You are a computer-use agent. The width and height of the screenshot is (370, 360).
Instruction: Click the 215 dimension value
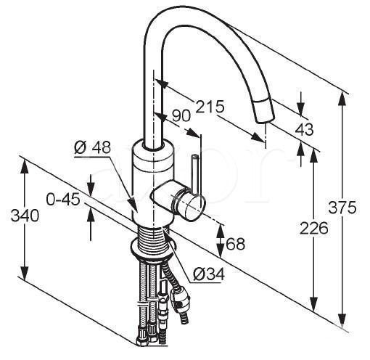tap(210, 107)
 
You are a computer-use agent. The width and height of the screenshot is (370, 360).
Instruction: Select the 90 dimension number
tap(181, 116)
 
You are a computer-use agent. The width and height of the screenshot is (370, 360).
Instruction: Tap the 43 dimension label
tap(304, 129)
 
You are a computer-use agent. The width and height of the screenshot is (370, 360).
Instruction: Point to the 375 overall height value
tap(342, 208)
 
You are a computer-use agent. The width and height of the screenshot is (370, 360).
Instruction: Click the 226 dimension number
tap(314, 229)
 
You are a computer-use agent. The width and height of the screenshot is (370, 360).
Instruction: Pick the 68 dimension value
tap(235, 244)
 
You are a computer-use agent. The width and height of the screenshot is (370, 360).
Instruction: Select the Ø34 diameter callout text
tap(209, 274)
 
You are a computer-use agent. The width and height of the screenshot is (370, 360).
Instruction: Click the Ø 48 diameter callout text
tap(93, 147)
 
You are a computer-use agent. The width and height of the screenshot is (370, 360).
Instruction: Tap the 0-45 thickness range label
tap(63, 200)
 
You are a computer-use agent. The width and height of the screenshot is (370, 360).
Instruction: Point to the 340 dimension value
tap(25, 216)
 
